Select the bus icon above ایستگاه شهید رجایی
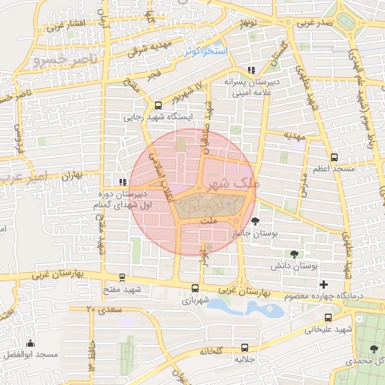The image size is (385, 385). click(158, 106)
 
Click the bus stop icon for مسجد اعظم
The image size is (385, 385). click(335, 157)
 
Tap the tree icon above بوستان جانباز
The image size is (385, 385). click(257, 221)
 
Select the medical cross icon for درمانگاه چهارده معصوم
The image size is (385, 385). click(323, 284)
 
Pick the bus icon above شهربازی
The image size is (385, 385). click(196, 287)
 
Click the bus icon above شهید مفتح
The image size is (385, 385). click(122, 278)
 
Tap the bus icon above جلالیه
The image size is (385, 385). click(245, 347)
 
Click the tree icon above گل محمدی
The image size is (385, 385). click(374, 348)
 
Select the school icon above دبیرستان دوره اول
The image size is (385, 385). click(123, 181)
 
